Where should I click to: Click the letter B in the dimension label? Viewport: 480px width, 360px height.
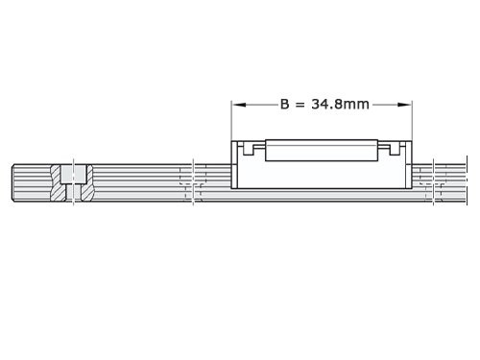[285, 106]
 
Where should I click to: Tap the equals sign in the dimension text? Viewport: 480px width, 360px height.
[301, 106]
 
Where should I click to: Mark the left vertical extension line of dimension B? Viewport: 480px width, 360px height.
[231, 120]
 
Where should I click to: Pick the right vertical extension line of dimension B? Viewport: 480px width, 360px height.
[413, 120]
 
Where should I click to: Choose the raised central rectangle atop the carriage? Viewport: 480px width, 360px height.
[322, 150]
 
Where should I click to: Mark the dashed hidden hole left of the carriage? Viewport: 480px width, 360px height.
[192, 182]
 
